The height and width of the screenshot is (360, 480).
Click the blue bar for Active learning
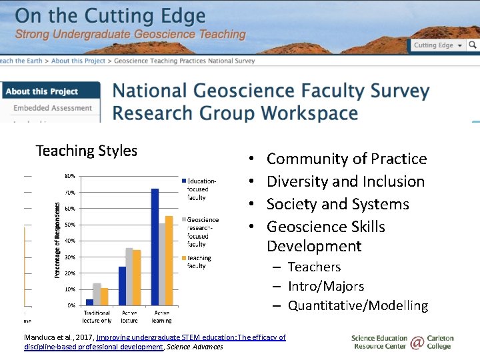coord(155,247)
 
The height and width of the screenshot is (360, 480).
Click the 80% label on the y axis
coord(70,176)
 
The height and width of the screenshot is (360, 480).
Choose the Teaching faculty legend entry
coord(199,261)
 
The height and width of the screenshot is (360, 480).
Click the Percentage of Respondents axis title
coord(58,241)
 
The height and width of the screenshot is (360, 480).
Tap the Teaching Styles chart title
coord(86,151)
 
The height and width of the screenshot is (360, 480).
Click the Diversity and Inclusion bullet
coord(345,181)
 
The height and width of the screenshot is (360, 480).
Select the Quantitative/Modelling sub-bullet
coord(357,305)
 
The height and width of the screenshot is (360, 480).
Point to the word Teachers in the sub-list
coord(314,267)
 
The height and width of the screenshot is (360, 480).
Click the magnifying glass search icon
coord(472,45)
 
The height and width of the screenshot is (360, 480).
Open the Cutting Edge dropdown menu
coord(437,45)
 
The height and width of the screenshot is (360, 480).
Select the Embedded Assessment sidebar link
coord(53,108)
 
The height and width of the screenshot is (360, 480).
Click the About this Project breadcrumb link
coord(78,61)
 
